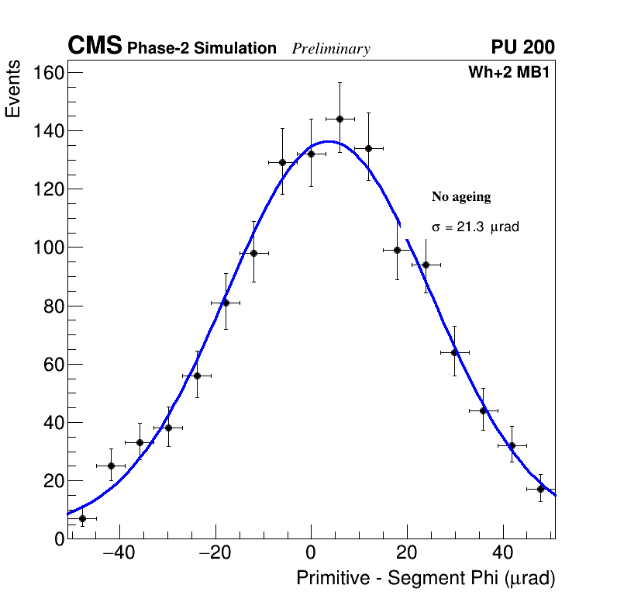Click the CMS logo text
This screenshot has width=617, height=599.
[x=95, y=47]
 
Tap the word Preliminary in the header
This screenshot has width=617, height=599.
[x=331, y=49]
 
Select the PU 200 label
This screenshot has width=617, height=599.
[x=522, y=47]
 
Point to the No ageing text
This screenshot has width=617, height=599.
[x=461, y=197]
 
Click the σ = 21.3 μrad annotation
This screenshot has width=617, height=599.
[x=475, y=227]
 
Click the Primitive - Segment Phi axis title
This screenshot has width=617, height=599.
[x=426, y=579]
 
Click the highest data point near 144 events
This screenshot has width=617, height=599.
[x=340, y=119]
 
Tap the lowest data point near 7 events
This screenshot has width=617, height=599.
[x=82, y=518]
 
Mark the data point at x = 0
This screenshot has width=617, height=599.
[x=311, y=154]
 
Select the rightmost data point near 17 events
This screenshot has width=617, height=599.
[x=541, y=489]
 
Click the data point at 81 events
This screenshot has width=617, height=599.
[x=226, y=303]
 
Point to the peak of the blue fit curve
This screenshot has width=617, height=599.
[x=328, y=141]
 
